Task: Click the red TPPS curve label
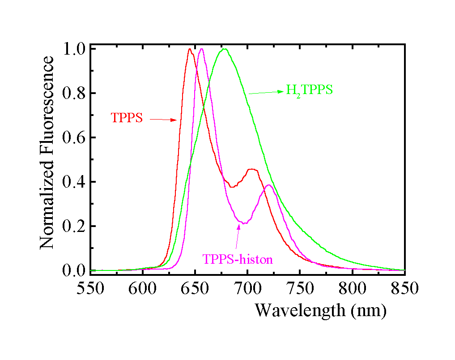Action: click(x=127, y=118)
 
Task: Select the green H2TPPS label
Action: click(x=309, y=90)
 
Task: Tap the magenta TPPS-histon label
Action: click(x=238, y=259)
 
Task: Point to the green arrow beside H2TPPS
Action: click(x=266, y=92)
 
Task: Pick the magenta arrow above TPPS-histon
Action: click(x=238, y=237)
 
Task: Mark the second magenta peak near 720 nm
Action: click(x=268, y=185)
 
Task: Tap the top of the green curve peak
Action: click(x=225, y=49)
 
